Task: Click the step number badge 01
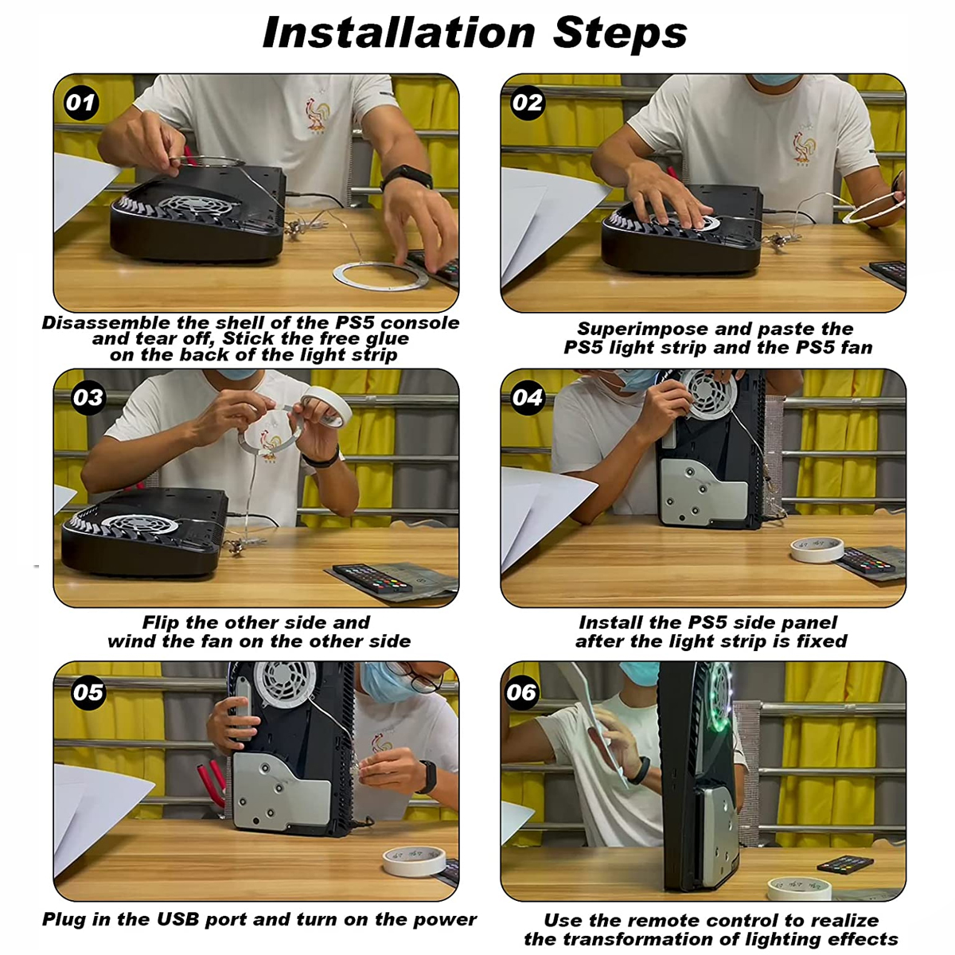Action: click(x=81, y=103)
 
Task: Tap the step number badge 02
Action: click(x=528, y=103)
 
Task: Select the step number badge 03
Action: click(x=88, y=397)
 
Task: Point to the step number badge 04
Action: click(x=528, y=397)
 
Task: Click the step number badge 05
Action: click(x=88, y=692)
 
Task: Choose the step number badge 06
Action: click(x=521, y=692)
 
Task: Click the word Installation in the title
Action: click(x=399, y=33)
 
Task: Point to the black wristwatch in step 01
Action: click(x=407, y=177)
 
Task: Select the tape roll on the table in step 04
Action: click(x=817, y=549)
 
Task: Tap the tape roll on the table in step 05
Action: click(x=415, y=861)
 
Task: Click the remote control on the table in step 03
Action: click(x=373, y=578)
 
